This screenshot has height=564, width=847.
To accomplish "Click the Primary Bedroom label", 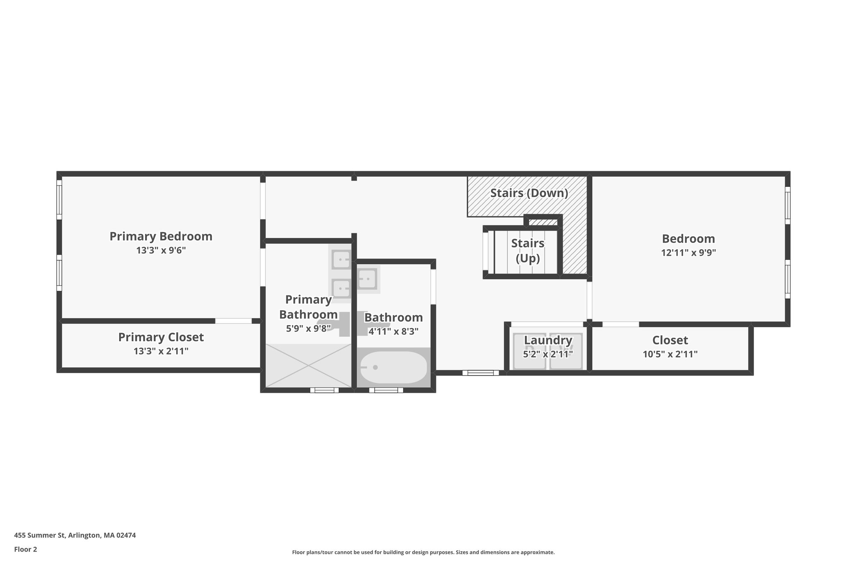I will tap(161, 236).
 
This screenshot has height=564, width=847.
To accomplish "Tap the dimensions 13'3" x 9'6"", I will tap(161, 250).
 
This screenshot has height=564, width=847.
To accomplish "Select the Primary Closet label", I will tap(161, 337).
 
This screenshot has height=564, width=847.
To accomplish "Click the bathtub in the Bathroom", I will tap(393, 367).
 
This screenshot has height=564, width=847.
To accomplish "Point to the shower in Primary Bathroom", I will tap(308, 366).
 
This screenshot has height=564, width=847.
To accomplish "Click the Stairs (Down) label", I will tap(529, 193).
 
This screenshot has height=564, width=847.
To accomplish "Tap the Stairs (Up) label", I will tap(528, 250).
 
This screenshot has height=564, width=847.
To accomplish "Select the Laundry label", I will tap(548, 340).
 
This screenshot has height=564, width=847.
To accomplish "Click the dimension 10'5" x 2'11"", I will tap(670, 354).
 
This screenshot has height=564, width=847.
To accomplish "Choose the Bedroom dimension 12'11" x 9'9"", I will tap(688, 252).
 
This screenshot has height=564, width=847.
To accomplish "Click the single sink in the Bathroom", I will tap(367, 279).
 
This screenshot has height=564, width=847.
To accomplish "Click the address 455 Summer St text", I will tap(75, 535).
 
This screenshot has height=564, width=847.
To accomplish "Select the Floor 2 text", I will tap(26, 549).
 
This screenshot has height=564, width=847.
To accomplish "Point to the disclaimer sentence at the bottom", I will tap(423, 552).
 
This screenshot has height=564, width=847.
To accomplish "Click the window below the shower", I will tap(324, 390).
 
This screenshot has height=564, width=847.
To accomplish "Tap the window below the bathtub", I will tap(386, 390).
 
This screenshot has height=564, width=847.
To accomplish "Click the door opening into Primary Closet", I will tap(233, 321).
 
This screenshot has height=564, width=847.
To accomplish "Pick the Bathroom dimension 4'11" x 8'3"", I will tap(393, 331).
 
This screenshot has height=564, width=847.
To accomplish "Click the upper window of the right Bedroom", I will tap(787, 205).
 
